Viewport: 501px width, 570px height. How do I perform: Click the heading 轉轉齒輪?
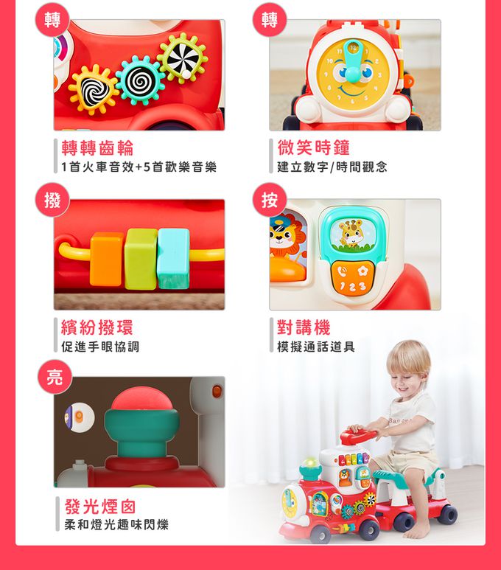tap(97, 148)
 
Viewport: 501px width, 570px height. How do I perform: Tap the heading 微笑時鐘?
tap(314, 147)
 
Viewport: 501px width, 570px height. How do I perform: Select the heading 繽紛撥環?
tap(97, 327)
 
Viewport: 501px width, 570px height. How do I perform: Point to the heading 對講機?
tap(304, 327)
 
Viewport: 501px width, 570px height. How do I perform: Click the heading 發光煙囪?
tap(100, 507)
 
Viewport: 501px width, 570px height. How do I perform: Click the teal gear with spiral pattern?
tap(138, 80)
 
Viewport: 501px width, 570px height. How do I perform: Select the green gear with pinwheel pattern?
tap(183, 58)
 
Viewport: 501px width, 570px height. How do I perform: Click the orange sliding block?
tap(107, 259)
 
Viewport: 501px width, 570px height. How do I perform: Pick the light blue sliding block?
tap(174, 258)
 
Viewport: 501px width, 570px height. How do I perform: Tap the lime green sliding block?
tap(141, 259)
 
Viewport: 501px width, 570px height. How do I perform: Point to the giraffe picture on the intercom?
tap(351, 234)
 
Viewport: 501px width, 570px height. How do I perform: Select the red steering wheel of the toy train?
tap(359, 435)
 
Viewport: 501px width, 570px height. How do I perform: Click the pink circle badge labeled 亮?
tap(55, 377)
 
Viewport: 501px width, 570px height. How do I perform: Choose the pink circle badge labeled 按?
tap(269, 200)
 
